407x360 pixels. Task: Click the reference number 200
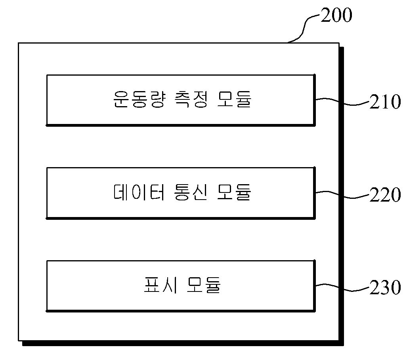336,15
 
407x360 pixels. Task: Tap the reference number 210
385,101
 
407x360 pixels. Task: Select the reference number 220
385,194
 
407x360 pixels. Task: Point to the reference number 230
385,288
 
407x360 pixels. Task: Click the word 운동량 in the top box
139,99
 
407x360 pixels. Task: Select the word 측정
191,99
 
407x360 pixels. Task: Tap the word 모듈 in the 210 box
234,99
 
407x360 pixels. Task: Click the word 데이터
139,192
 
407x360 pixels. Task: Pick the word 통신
191,192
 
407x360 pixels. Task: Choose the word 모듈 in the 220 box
234,192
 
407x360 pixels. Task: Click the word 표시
161,285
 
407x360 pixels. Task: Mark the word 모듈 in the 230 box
204,285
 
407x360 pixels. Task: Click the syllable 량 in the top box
157,99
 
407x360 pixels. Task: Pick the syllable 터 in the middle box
157,192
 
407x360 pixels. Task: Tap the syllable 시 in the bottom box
170,285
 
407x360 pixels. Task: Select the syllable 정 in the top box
200,99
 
